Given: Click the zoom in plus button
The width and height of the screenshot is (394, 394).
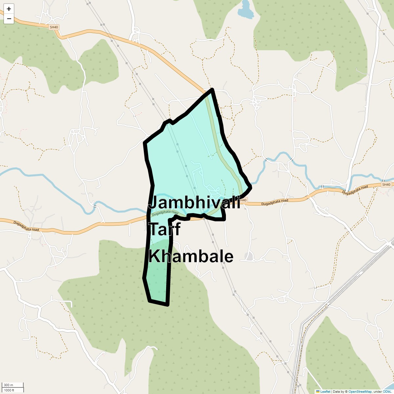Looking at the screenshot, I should pyautogui.click(x=9, y=9).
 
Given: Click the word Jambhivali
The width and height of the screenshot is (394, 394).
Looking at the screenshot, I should pyautogui.click(x=194, y=203).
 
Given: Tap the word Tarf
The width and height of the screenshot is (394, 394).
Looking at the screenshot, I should pyautogui.click(x=164, y=229).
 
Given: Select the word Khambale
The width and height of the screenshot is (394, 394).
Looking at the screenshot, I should pyautogui.click(x=191, y=256).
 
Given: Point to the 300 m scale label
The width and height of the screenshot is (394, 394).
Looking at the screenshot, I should pyautogui.click(x=9, y=385).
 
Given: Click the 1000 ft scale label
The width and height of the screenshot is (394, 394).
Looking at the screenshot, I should pyautogui.click(x=9, y=390).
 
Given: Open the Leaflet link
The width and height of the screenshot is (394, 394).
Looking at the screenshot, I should pyautogui.click(x=325, y=391).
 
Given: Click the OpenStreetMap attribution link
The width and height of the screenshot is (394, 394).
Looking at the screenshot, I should pyautogui.click(x=360, y=391).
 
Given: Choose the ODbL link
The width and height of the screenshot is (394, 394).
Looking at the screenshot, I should pyautogui.click(x=386, y=391).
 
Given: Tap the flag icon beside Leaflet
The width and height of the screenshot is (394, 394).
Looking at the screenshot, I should pyautogui.click(x=318, y=391).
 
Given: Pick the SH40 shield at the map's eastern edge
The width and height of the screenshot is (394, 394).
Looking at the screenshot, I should pyautogui.click(x=386, y=185).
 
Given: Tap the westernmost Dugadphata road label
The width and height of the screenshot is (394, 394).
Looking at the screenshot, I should pyautogui.click(x=26, y=226).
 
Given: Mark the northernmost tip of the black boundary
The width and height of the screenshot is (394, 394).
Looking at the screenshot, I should pyautogui.click(x=212, y=89).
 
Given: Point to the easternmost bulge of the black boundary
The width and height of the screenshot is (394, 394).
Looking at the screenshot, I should pyautogui.click(x=251, y=187).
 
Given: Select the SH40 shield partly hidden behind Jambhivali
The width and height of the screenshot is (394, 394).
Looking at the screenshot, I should pyautogui.click(x=243, y=200).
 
